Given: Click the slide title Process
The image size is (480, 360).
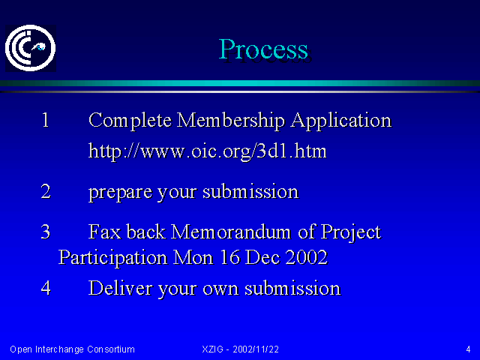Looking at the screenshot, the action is tap(263, 49).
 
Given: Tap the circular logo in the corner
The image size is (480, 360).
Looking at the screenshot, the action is tap(30, 48).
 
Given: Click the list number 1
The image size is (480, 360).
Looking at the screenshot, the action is tap(45, 120).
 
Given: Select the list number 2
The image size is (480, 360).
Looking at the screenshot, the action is tap(46, 192).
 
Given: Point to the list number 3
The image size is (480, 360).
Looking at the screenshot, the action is tap(46, 232).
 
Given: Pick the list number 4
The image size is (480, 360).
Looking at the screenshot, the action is tap(46, 288).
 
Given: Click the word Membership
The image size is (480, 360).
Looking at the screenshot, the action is tap(231, 121).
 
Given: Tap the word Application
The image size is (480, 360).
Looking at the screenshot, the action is tap(341, 121).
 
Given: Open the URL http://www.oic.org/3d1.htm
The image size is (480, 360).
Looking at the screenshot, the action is tap(208, 151).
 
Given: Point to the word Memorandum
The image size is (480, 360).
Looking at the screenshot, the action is tap(230, 232).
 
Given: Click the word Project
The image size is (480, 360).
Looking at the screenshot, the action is tap(351, 233).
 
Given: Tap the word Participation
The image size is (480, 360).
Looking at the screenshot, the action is tap(112, 258).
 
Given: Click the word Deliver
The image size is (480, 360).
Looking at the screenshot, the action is tap(120, 288).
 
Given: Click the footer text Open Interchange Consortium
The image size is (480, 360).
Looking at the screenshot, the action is tap(72, 349).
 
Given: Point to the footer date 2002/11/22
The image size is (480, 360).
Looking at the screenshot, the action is tap(256, 349).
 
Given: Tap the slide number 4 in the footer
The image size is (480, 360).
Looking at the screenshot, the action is tap(468, 349).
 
